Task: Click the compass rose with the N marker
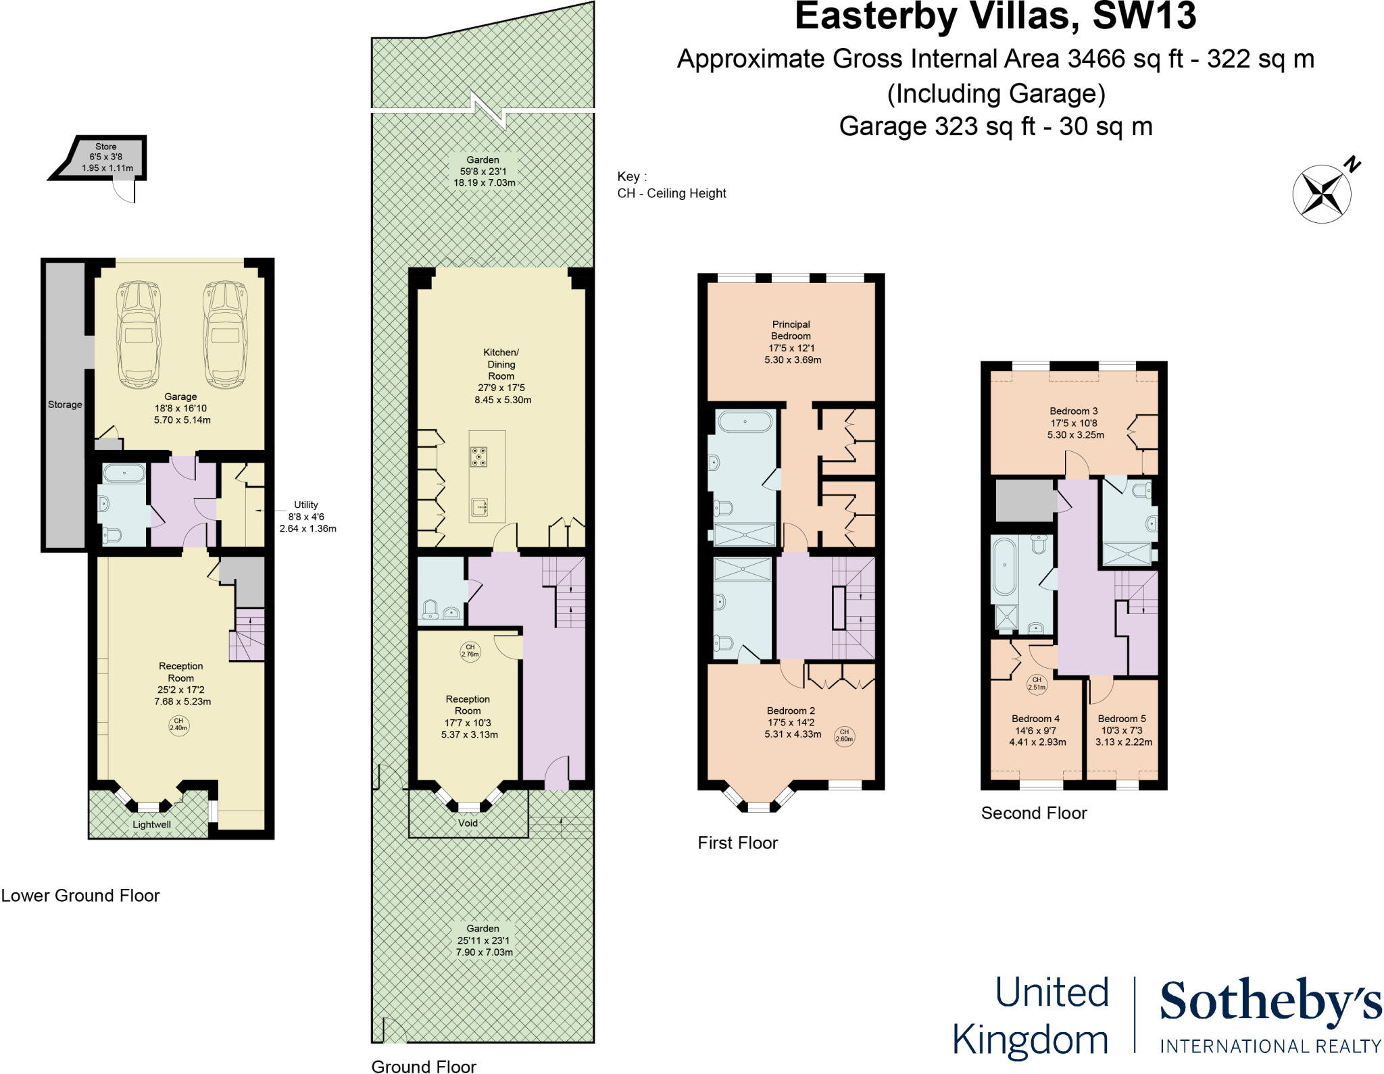1321,194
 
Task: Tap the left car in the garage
139,335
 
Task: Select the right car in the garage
226,335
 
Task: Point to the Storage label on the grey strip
65,405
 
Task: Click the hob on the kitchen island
479,457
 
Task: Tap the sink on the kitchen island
480,507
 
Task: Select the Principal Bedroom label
791,330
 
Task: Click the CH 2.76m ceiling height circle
470,650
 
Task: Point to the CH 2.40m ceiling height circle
178,725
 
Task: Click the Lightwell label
151,824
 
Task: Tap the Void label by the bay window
468,823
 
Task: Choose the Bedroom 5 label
1122,719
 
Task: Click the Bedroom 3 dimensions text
1074,429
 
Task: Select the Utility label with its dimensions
307,517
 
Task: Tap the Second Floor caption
1034,813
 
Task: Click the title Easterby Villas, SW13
995,17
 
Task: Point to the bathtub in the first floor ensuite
745,421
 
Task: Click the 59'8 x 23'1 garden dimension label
483,172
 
